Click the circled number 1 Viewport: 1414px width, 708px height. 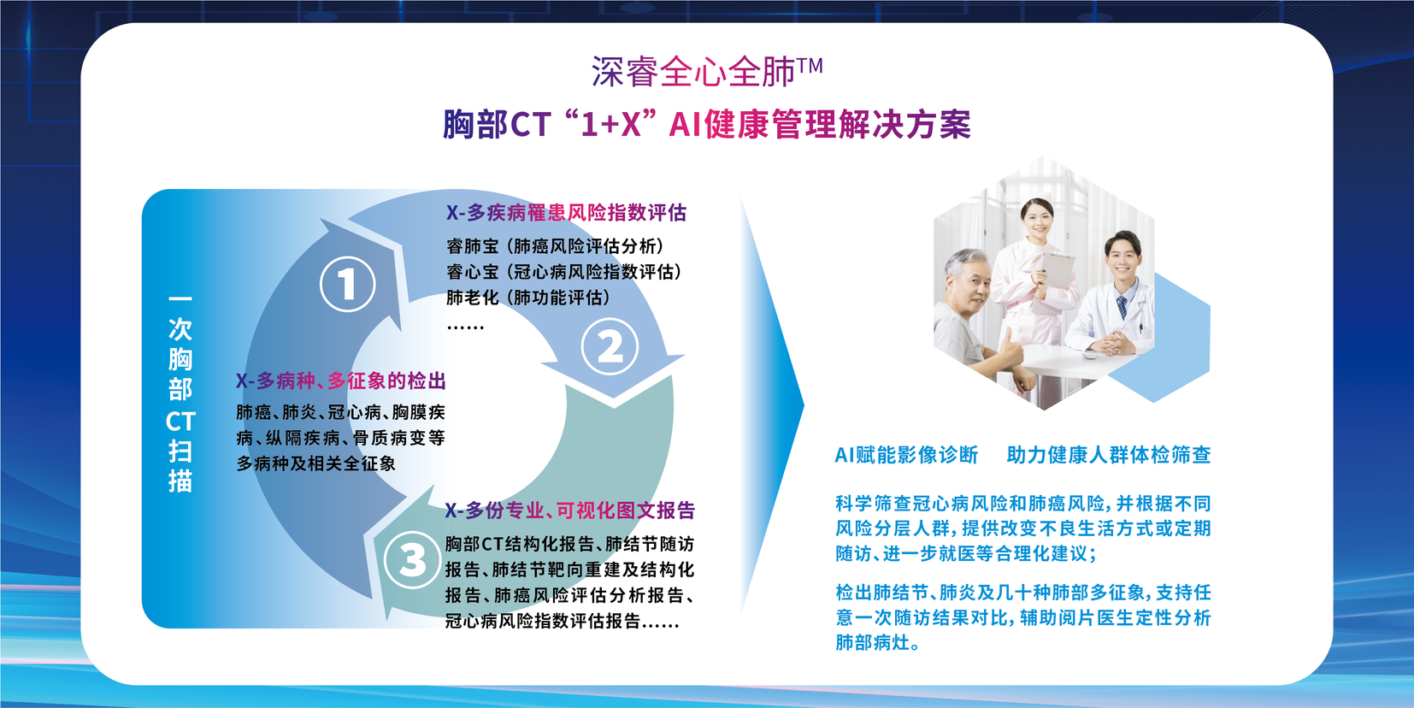(x=347, y=284)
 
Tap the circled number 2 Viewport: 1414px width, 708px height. (x=610, y=347)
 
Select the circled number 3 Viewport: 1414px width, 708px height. (x=412, y=560)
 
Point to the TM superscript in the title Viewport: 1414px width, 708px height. (x=810, y=66)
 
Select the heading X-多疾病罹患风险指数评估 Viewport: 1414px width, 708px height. (x=566, y=213)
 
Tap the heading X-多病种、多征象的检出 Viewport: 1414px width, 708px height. (x=341, y=381)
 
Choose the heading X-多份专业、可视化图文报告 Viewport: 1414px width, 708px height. (x=570, y=510)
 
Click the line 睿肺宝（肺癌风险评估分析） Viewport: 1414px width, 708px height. (x=557, y=245)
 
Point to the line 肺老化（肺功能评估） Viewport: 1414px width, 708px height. (x=529, y=298)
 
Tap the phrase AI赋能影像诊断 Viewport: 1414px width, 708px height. (x=906, y=455)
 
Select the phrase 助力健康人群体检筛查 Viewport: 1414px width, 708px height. (x=1109, y=455)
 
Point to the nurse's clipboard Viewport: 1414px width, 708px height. (x=1055, y=272)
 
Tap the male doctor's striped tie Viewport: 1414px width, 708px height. (x=1122, y=308)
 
